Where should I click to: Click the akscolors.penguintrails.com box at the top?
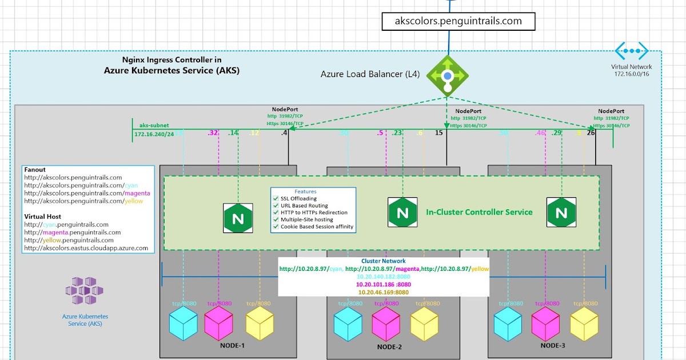(458, 21)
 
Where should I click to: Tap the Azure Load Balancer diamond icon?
(448, 75)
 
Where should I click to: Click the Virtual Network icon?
(632, 51)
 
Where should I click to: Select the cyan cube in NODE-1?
(184, 323)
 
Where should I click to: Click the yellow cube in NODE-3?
(584, 323)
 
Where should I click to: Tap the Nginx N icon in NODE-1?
(238, 218)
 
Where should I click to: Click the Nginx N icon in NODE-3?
(561, 213)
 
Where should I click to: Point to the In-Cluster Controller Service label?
(479, 212)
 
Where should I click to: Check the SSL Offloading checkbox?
(276, 198)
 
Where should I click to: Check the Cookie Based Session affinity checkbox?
(276, 226)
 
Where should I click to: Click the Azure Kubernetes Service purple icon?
(85, 290)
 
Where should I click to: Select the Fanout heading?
(35, 170)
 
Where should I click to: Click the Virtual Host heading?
(43, 217)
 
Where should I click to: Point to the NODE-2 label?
(390, 347)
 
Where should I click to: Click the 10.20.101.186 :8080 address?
(383, 284)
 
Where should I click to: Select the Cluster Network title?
(383, 261)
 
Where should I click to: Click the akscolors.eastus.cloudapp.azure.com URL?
(86, 248)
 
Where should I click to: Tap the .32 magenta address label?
(214, 133)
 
